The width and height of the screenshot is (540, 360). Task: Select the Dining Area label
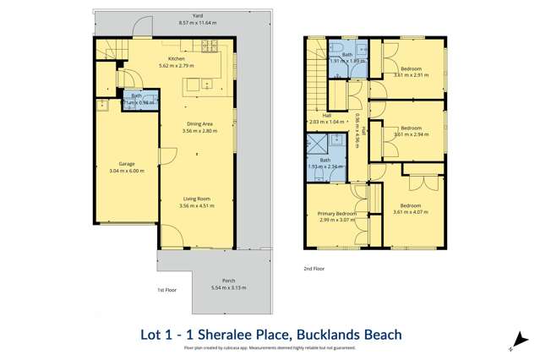[x=202, y=124]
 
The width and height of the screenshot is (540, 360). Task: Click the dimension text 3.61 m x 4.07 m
[x=411, y=211]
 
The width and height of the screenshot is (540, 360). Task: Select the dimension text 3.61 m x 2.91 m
[x=411, y=74]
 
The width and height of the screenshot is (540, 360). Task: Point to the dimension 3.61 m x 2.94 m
[x=411, y=134]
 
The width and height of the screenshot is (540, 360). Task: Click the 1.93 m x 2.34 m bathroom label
[x=325, y=166]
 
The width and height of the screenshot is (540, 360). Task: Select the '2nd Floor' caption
[x=314, y=268]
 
